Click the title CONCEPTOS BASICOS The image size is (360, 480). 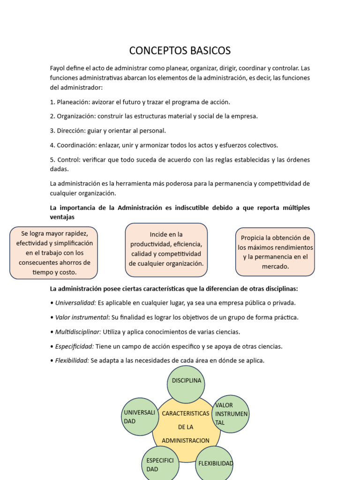(x=180, y=51)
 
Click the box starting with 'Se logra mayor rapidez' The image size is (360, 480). (x=54, y=253)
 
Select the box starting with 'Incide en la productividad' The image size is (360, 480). (x=166, y=249)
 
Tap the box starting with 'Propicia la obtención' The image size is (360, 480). (x=275, y=252)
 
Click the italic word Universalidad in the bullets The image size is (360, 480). (x=75, y=303)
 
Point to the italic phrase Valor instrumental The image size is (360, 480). (x=82, y=317)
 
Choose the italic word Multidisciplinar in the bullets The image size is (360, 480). (x=78, y=332)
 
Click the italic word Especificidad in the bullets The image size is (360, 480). (x=74, y=346)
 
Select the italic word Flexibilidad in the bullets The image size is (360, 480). (x=72, y=361)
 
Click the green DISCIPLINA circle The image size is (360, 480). (x=186, y=384)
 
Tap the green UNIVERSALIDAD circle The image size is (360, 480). (x=140, y=417)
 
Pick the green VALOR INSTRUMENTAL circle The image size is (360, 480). (x=231, y=413)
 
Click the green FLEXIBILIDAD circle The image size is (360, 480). (x=214, y=464)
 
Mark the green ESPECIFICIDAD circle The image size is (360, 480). (x=160, y=465)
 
